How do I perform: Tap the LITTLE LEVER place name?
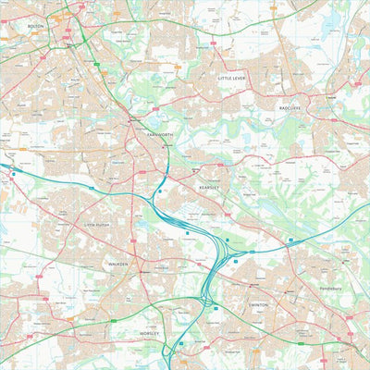click(x=232, y=80)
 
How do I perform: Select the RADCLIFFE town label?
click(x=290, y=107)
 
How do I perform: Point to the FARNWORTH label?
click(x=159, y=134)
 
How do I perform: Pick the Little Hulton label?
click(x=96, y=223)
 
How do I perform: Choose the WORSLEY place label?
click(x=149, y=332)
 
